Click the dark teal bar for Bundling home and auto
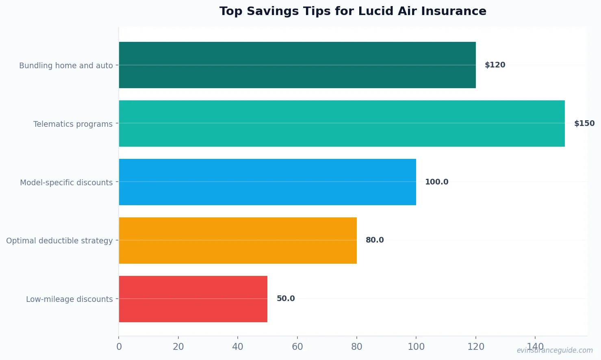(x=297, y=65)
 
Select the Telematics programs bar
(x=341, y=124)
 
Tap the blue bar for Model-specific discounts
(x=267, y=182)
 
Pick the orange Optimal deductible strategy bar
(x=238, y=241)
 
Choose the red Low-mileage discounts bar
(x=193, y=299)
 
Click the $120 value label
(x=495, y=65)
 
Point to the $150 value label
(x=584, y=124)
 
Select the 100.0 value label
(x=436, y=182)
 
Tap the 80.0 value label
(x=375, y=240)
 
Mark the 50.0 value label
(x=286, y=299)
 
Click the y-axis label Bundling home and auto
(x=66, y=65)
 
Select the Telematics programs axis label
(x=73, y=124)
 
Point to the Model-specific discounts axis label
(x=66, y=182)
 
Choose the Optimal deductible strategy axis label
(x=59, y=241)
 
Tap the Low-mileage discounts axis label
(x=69, y=299)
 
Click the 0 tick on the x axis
(x=119, y=347)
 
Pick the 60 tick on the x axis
(x=297, y=347)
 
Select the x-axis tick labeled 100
(x=416, y=347)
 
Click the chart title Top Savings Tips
(x=353, y=11)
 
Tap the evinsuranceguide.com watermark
(x=555, y=350)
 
